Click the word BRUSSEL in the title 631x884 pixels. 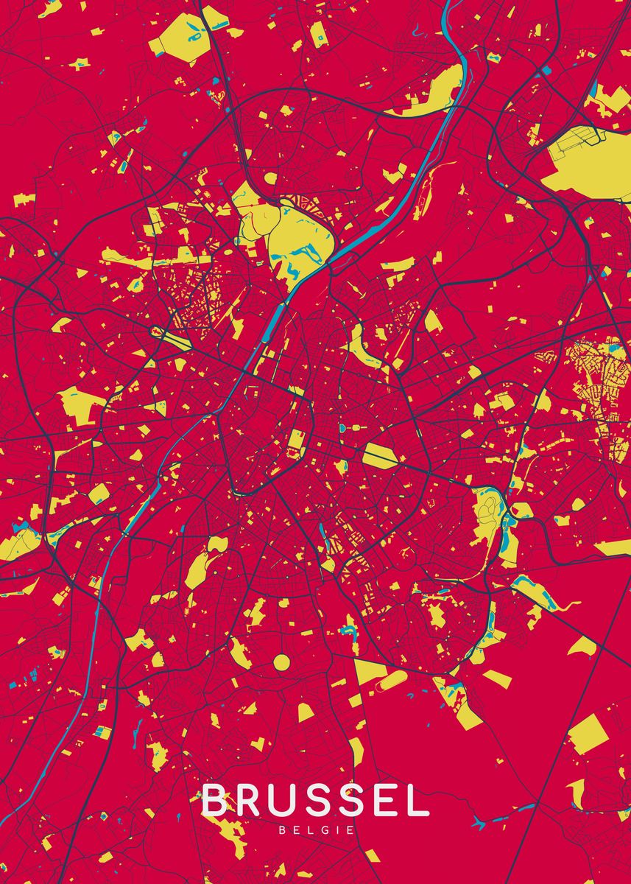315,801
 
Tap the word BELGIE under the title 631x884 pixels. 316,830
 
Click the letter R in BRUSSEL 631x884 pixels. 250,801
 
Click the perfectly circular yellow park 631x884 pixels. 281,662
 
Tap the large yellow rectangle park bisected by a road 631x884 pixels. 381,455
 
